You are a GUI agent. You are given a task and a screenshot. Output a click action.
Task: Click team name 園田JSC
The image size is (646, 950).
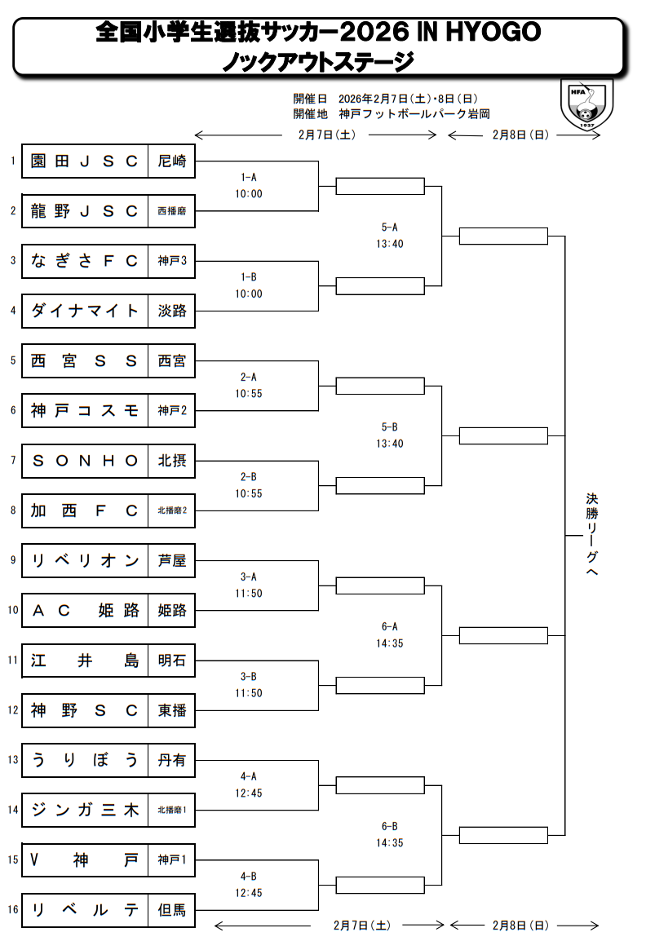tap(85, 161)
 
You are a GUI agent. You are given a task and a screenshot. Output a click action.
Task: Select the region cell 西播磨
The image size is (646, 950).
tap(172, 211)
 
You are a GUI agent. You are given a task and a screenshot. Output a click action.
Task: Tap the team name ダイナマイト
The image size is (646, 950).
tap(85, 311)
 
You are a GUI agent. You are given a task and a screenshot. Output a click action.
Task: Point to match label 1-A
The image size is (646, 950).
tap(250, 177)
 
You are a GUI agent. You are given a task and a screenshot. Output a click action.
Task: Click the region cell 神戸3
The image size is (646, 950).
tap(172, 261)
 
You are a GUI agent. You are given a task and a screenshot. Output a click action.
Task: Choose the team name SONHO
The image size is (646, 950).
tap(85, 461)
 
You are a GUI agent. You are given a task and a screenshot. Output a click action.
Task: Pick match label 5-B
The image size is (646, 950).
tap(390, 426)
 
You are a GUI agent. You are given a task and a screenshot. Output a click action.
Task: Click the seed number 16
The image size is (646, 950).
tap(12, 910)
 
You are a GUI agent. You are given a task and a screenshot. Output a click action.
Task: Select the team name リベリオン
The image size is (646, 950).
tap(85, 561)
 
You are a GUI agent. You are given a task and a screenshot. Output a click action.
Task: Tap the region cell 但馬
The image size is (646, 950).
tap(172, 910)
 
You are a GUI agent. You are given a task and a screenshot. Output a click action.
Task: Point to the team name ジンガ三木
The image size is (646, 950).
tap(85, 811)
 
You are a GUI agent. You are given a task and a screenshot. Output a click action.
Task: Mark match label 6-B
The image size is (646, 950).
tap(390, 826)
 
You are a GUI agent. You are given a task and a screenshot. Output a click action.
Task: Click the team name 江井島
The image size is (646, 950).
tap(85, 661)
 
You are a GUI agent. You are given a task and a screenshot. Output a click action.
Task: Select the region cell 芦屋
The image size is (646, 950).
tap(172, 561)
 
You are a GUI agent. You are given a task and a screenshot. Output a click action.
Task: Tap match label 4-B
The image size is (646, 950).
tap(250, 876)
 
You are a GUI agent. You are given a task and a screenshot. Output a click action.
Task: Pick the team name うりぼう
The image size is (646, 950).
tap(85, 760)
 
